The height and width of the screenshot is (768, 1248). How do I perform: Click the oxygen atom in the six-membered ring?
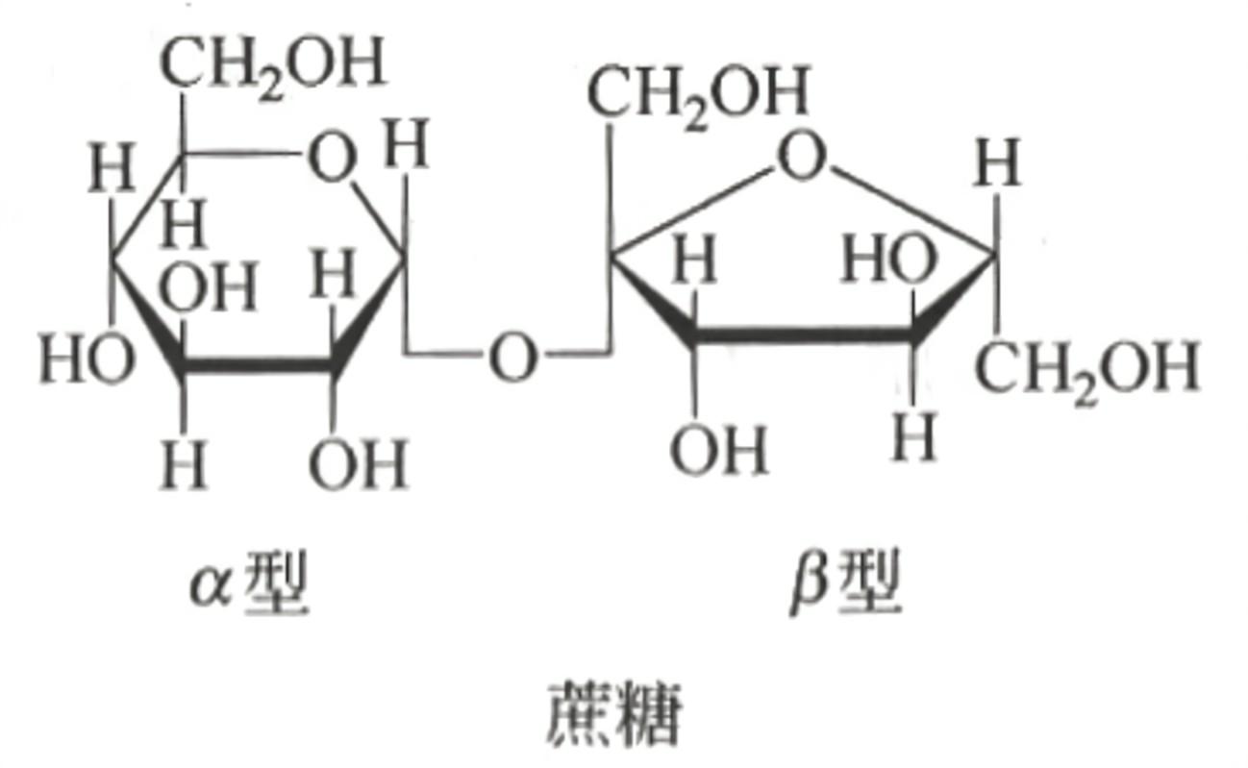pos(332,158)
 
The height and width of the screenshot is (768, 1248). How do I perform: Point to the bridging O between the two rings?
pos(512,359)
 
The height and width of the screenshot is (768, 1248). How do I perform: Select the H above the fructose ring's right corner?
pos(996,165)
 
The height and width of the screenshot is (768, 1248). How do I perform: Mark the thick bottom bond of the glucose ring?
pos(258,365)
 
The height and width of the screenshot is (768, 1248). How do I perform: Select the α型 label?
pos(249,585)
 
